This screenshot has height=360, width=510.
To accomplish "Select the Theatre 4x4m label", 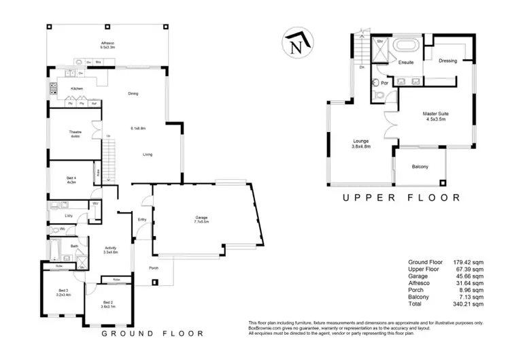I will click(x=75, y=134).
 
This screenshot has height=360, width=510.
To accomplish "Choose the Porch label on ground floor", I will click(x=152, y=267).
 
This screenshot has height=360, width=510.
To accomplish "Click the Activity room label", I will click(x=111, y=250).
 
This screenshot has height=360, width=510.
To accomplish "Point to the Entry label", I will click(x=142, y=219).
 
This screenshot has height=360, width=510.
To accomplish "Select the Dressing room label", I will click(x=448, y=61).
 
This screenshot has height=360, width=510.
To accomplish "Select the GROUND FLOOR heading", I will click(x=152, y=333).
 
